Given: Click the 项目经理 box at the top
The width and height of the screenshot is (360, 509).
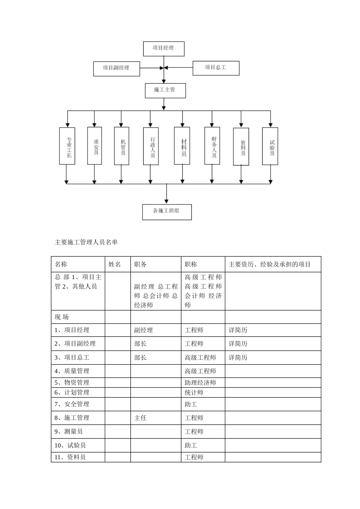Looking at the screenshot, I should tap(164, 48).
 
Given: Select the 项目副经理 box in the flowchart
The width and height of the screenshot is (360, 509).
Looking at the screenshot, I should tap(116, 68).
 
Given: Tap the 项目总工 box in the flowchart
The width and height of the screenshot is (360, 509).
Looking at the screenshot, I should tap(216, 68).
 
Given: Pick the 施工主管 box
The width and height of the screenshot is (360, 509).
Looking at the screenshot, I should tap(165, 90).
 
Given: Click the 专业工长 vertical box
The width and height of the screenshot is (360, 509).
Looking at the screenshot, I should tap(67, 146).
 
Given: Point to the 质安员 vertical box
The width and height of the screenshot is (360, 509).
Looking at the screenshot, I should tap(94, 146).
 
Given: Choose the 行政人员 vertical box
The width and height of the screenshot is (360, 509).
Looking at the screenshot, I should tap(151, 146).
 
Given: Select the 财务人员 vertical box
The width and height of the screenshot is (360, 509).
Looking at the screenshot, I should tap(212, 145).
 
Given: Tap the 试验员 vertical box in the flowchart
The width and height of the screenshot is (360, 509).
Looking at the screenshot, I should tap(270, 146).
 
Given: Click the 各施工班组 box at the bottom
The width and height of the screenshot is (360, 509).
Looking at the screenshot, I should tap(167, 212).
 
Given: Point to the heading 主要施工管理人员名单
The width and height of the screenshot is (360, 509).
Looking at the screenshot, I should tap(86, 242).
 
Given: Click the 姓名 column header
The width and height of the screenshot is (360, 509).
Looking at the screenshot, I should tap(115, 264).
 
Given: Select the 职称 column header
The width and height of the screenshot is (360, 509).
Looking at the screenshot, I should tap(191, 264).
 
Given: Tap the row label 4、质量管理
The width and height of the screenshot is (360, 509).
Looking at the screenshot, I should tap(72, 371).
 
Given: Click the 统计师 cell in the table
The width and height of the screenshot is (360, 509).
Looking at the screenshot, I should tap(194, 393).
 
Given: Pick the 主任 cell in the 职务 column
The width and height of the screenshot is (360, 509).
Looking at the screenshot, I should tap(140, 418).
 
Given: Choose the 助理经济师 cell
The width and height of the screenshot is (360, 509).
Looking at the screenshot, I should tap(200, 383).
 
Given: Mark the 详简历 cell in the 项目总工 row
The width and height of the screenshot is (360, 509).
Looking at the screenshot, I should tap(238, 358).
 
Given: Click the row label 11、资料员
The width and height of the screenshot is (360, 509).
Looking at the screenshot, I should tap(70, 457).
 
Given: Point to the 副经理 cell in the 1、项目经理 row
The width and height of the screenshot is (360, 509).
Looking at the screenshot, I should tap(143, 330).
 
